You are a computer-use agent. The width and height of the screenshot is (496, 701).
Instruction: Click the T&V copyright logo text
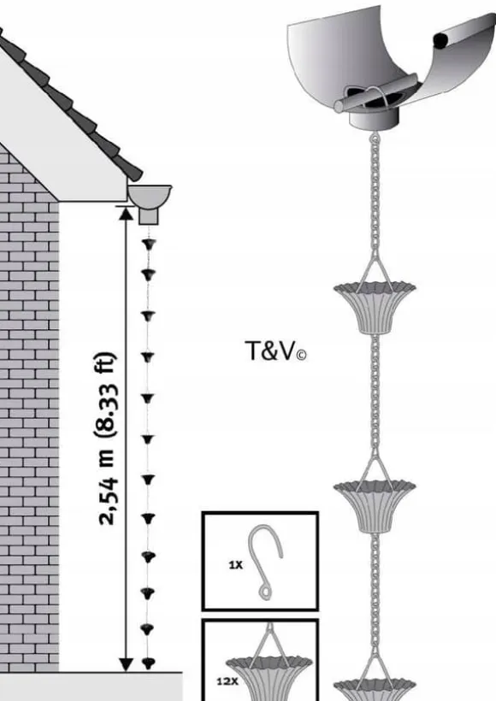point(275,351)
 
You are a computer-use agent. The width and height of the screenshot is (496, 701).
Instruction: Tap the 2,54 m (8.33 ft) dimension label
point(106,439)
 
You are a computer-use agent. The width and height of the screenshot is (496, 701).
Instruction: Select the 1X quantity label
point(236,565)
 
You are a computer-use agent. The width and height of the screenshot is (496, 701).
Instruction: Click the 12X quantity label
point(227,682)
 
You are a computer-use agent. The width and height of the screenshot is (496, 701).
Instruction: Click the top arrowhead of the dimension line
point(126,214)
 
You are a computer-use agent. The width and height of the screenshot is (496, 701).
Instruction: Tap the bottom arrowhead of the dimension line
point(126,664)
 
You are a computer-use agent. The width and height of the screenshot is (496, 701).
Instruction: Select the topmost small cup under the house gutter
point(149,244)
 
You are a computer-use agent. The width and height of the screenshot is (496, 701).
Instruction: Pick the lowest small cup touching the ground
point(149,663)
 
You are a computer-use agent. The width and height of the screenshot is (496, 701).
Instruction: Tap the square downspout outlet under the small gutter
point(149,215)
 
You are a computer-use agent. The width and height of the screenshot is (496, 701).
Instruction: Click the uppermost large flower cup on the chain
point(375,307)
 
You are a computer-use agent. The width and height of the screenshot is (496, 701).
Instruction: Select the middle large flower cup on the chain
point(375,507)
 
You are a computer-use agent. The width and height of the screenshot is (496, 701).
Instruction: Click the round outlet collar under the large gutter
point(374,119)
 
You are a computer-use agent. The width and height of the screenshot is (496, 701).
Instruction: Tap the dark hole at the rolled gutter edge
point(440,41)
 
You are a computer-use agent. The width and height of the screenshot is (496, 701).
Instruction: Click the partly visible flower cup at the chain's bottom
point(375,689)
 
